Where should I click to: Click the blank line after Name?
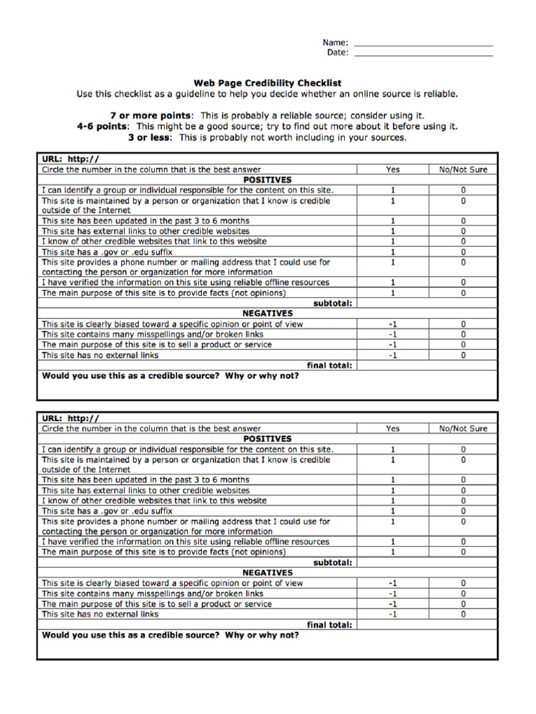coord(424,44)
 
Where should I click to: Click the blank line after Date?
coord(424,54)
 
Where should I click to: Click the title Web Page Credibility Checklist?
coord(267,83)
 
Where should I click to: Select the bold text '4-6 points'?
coord(103,126)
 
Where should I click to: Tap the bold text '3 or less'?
coord(150,137)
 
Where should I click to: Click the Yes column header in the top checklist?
coord(393,169)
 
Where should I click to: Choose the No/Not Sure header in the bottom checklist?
coord(463,429)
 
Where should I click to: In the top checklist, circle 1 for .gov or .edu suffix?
coord(393,252)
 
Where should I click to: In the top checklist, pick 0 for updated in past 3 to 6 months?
coord(463,221)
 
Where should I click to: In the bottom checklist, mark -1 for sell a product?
coord(393,604)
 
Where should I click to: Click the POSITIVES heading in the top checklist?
coord(267,180)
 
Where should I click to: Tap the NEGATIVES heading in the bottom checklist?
coord(267,572)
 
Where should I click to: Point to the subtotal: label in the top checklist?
coord(333,303)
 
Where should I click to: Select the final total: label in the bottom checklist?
coord(329,625)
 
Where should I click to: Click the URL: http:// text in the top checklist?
coord(70,159)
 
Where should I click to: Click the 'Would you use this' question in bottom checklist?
coord(170,635)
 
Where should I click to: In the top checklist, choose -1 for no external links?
coord(393,355)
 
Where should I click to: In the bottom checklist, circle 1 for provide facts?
coord(393,552)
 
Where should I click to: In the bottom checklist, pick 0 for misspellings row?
coord(463,593)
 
